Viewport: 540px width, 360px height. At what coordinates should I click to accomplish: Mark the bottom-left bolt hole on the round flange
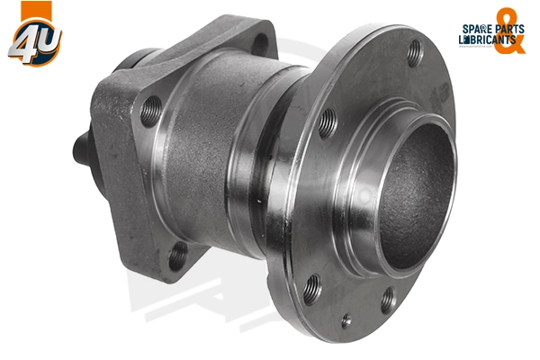pyautogui.click(x=312, y=290)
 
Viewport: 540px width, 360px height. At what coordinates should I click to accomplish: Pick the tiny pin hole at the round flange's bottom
pyautogui.click(x=345, y=319)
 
